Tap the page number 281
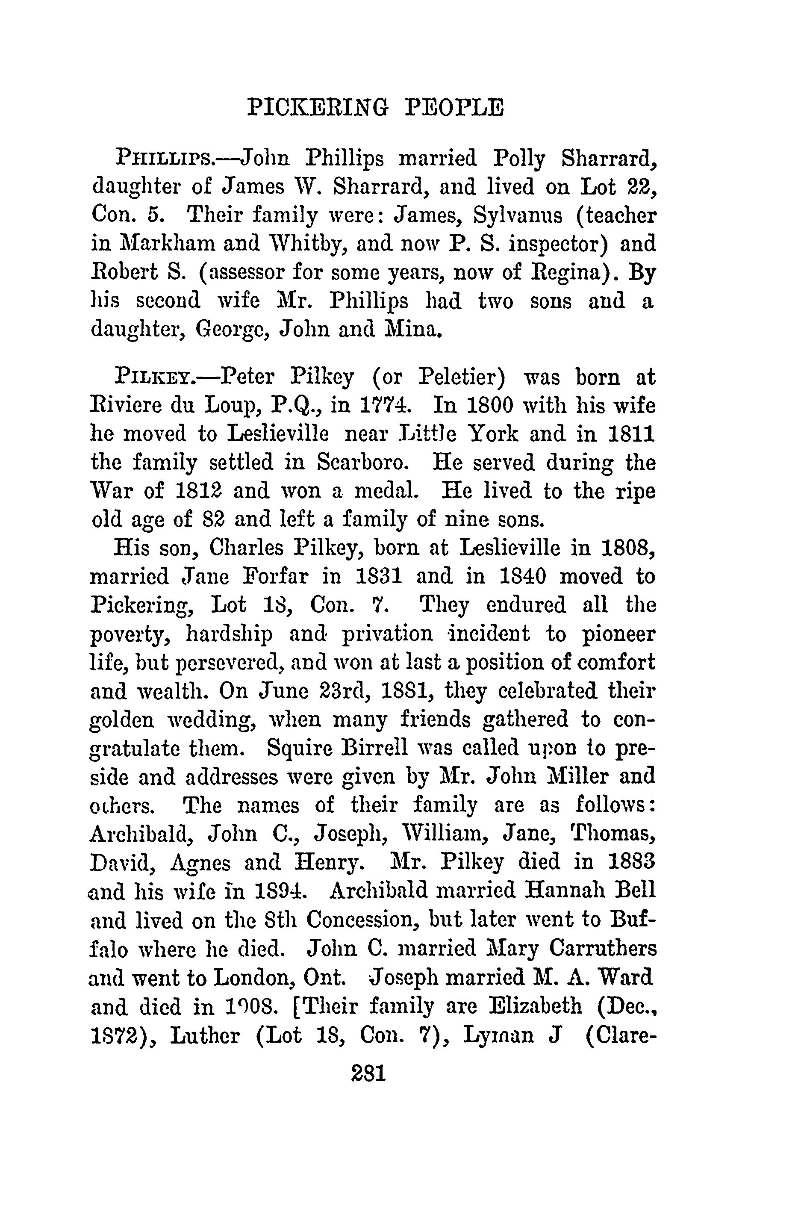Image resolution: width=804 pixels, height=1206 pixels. tap(368, 1073)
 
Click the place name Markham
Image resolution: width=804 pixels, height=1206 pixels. tap(168, 243)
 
